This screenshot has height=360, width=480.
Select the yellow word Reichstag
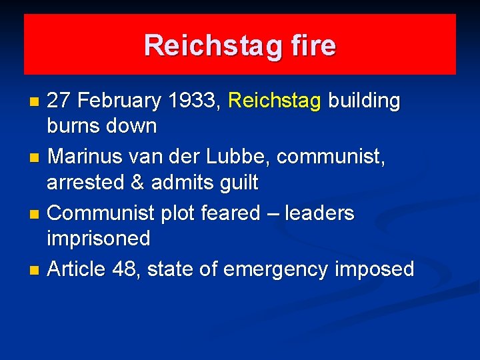coord(275,101)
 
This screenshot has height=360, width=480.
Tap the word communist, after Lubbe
coord(331,157)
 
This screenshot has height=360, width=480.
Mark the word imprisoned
coord(99,238)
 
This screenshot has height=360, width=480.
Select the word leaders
coord(319,213)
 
